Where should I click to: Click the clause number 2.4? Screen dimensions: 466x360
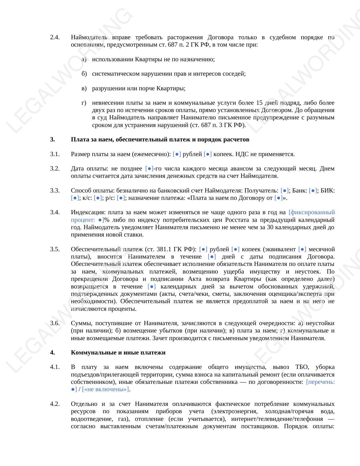[x=55, y=37]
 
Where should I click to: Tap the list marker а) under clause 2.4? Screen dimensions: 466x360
[x=84, y=59]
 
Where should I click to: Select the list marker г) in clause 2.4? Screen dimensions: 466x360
[x=84, y=103]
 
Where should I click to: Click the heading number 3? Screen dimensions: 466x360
[x=52, y=139]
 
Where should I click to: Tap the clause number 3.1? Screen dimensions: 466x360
[x=55, y=154]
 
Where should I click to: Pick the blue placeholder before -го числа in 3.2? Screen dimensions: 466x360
[x=149, y=169]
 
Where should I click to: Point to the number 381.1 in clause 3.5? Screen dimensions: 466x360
[x=164, y=249]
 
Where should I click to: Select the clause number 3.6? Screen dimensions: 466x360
[x=55, y=323]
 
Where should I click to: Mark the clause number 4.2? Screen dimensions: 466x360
[x=55, y=404]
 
